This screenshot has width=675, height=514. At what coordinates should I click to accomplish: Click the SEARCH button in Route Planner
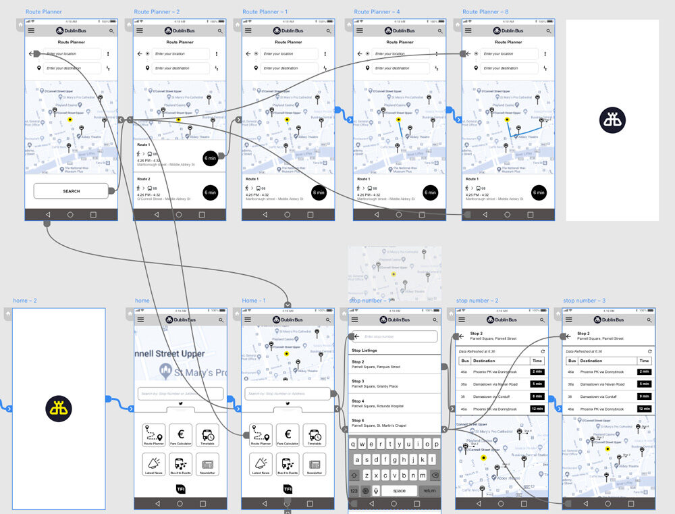pyautogui.click(x=71, y=191)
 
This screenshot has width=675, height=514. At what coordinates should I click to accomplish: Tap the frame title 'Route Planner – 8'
pyautogui.click(x=485, y=11)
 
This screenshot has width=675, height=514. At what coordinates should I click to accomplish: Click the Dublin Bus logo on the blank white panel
pyautogui.click(x=612, y=120)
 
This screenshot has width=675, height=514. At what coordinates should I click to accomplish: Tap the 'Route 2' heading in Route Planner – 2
pyautogui.click(x=144, y=179)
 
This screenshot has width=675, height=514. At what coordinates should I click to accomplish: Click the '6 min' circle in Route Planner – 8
pyautogui.click(x=538, y=192)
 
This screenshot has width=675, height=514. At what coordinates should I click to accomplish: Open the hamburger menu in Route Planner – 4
pyautogui.click(x=359, y=31)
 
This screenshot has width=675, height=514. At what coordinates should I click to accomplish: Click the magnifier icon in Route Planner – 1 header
pyautogui.click(x=329, y=31)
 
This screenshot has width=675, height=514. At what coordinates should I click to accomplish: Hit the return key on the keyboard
pyautogui.click(x=429, y=490)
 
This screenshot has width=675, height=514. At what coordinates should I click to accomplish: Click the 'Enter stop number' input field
pyautogui.click(x=398, y=336)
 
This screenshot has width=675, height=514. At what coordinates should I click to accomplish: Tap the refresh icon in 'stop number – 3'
pyautogui.click(x=649, y=351)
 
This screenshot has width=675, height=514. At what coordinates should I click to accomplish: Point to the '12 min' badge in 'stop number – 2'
pyautogui.click(x=537, y=409)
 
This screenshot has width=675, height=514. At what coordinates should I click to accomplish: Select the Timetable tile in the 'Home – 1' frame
pyautogui.click(x=314, y=435)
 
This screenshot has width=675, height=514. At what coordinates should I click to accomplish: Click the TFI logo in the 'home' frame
pyautogui.click(x=180, y=488)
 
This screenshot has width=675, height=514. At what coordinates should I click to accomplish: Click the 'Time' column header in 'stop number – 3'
pyautogui.click(x=644, y=361)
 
